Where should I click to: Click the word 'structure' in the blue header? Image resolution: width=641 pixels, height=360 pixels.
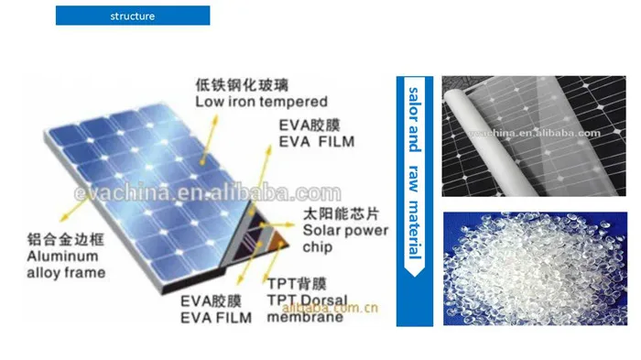tap(133, 16)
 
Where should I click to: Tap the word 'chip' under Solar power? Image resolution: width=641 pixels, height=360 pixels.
tap(313, 247)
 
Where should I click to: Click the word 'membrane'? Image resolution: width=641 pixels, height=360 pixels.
tap(307, 317)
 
